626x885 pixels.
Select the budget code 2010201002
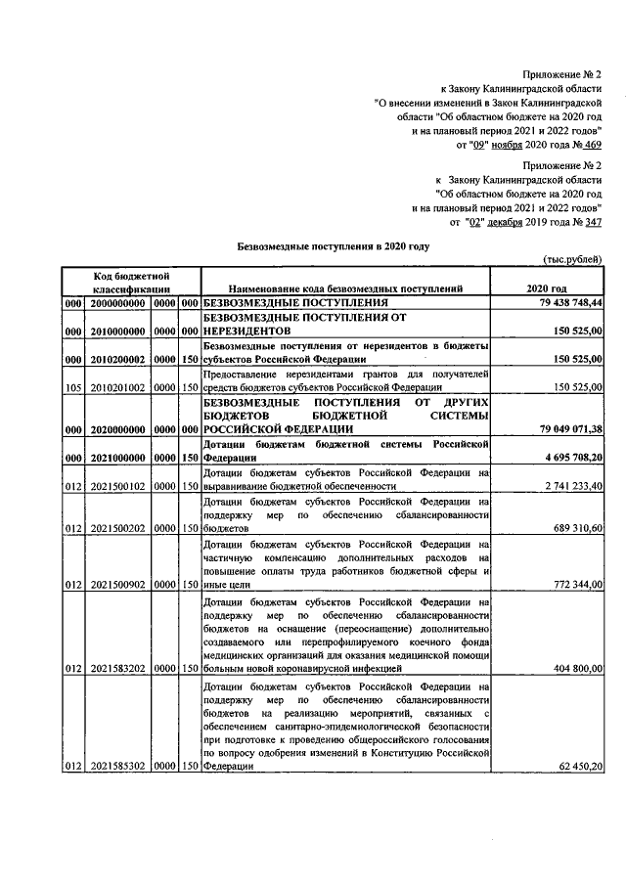117,387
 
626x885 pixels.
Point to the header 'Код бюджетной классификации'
133,282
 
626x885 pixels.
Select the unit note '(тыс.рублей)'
571,258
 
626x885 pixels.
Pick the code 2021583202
117,668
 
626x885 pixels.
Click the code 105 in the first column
70,387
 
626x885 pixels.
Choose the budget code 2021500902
117,584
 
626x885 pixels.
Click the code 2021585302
117,767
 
